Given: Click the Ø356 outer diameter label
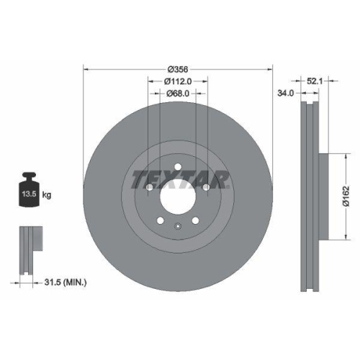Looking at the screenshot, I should point(178,69).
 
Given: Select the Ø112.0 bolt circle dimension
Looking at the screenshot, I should point(179,81).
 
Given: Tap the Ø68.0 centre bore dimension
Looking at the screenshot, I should point(178,94).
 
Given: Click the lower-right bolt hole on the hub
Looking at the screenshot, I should point(196,220).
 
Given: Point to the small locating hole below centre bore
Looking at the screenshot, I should point(178,228).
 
